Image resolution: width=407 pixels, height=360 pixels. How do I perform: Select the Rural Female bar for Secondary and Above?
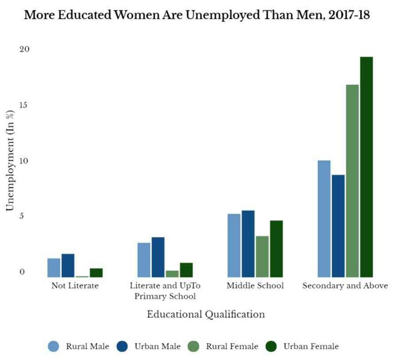[x=352, y=181]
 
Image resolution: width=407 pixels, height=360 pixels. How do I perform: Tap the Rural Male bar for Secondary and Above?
[x=324, y=219]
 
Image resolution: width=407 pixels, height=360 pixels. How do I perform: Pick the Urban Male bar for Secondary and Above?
[x=338, y=226]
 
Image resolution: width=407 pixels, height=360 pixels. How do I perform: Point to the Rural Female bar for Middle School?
[x=262, y=256]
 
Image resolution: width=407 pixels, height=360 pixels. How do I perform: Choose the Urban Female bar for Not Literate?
[x=96, y=273]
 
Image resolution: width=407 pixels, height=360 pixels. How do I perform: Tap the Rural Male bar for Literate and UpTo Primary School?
[x=143, y=260]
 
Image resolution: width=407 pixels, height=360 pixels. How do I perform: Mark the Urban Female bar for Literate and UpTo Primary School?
[x=186, y=270]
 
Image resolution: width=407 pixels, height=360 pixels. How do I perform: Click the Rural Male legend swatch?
[x=54, y=346]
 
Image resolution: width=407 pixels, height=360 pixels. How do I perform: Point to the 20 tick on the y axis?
[x=25, y=49]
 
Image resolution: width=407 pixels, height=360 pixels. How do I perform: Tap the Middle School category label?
[x=255, y=286]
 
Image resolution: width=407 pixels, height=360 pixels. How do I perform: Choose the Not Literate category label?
[x=75, y=286]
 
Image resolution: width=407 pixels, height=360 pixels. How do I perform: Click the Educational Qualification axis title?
[x=206, y=314]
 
